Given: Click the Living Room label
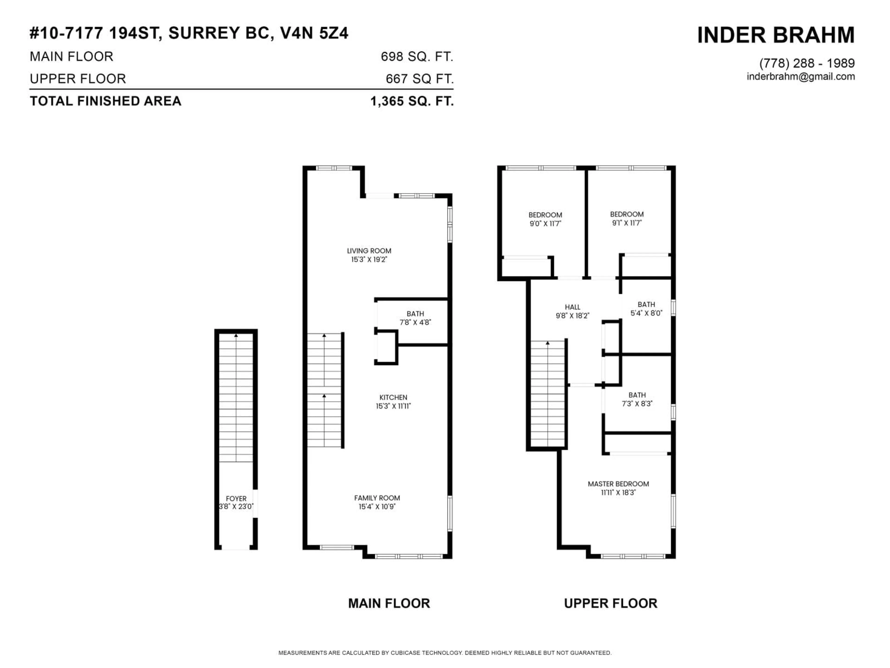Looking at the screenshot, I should (x=369, y=251).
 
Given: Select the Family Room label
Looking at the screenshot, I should (x=377, y=498).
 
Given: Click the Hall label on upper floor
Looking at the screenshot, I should (x=572, y=307).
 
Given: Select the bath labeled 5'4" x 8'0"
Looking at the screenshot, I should (x=646, y=309).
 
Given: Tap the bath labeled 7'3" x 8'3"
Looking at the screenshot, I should (x=637, y=399).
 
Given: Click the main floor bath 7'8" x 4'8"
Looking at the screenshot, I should (x=415, y=318).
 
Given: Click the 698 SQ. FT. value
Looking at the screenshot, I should (x=417, y=57).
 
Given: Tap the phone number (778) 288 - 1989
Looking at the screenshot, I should (x=807, y=63).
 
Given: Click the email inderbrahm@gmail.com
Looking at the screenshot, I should (x=801, y=77).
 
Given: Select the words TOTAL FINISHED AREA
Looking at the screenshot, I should (x=105, y=101).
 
